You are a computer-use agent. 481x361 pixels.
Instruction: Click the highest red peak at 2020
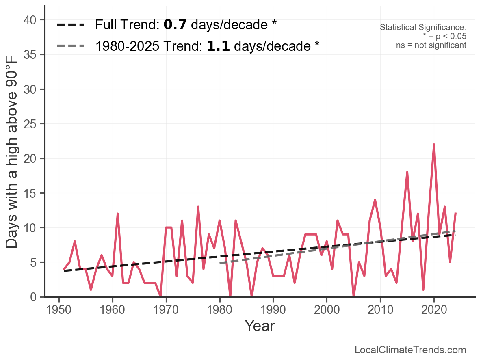[x=434, y=145]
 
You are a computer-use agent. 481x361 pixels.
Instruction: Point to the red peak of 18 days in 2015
[x=407, y=172]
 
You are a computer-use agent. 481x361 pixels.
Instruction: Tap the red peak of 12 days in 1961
[x=118, y=214]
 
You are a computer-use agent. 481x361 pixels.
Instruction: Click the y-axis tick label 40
[x=32, y=20]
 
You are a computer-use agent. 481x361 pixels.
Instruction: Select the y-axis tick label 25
[x=32, y=124]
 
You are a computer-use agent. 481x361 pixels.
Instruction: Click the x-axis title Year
[x=260, y=326]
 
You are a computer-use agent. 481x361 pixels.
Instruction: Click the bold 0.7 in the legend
[x=175, y=25]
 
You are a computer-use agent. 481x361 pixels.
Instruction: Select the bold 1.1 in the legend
[x=219, y=46]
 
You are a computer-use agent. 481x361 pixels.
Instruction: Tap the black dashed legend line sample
[x=71, y=25]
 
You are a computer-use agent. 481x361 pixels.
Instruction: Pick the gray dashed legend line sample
[x=71, y=45]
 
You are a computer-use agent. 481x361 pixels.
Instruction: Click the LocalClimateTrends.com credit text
[x=410, y=350]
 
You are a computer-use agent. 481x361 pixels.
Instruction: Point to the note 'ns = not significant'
[x=431, y=45]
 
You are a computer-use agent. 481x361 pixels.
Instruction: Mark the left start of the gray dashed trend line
[x=220, y=263]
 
